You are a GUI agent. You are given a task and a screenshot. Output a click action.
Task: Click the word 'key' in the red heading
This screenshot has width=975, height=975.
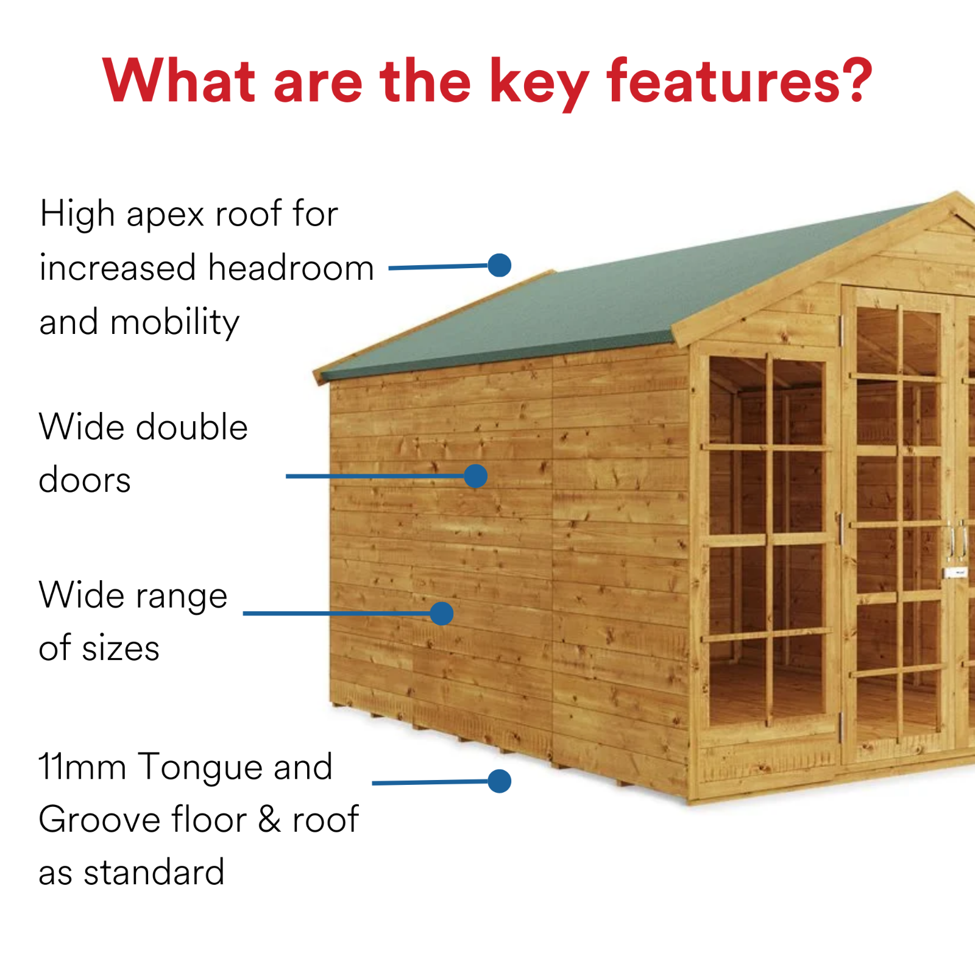[539, 82]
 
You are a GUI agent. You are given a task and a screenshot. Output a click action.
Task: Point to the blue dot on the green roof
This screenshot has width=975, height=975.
[499, 265]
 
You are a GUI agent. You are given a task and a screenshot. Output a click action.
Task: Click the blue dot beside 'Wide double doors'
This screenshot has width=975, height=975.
[475, 476]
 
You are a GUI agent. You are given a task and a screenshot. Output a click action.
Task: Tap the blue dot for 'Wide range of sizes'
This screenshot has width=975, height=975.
[441, 613]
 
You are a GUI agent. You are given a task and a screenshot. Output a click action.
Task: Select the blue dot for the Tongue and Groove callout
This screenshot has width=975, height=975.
[499, 781]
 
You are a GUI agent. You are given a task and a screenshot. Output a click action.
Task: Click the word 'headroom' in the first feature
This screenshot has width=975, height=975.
[291, 268]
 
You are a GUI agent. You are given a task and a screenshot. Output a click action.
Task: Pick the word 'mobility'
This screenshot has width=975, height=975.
[175, 322]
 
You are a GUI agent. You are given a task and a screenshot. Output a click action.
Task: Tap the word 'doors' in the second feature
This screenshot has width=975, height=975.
[85, 480]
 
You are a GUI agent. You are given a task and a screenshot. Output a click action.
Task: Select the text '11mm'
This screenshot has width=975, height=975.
[82, 767]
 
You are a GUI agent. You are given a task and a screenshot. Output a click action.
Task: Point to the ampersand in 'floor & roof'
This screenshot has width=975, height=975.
[269, 820]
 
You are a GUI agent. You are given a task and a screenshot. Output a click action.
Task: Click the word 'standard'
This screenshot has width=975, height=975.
[154, 873]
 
